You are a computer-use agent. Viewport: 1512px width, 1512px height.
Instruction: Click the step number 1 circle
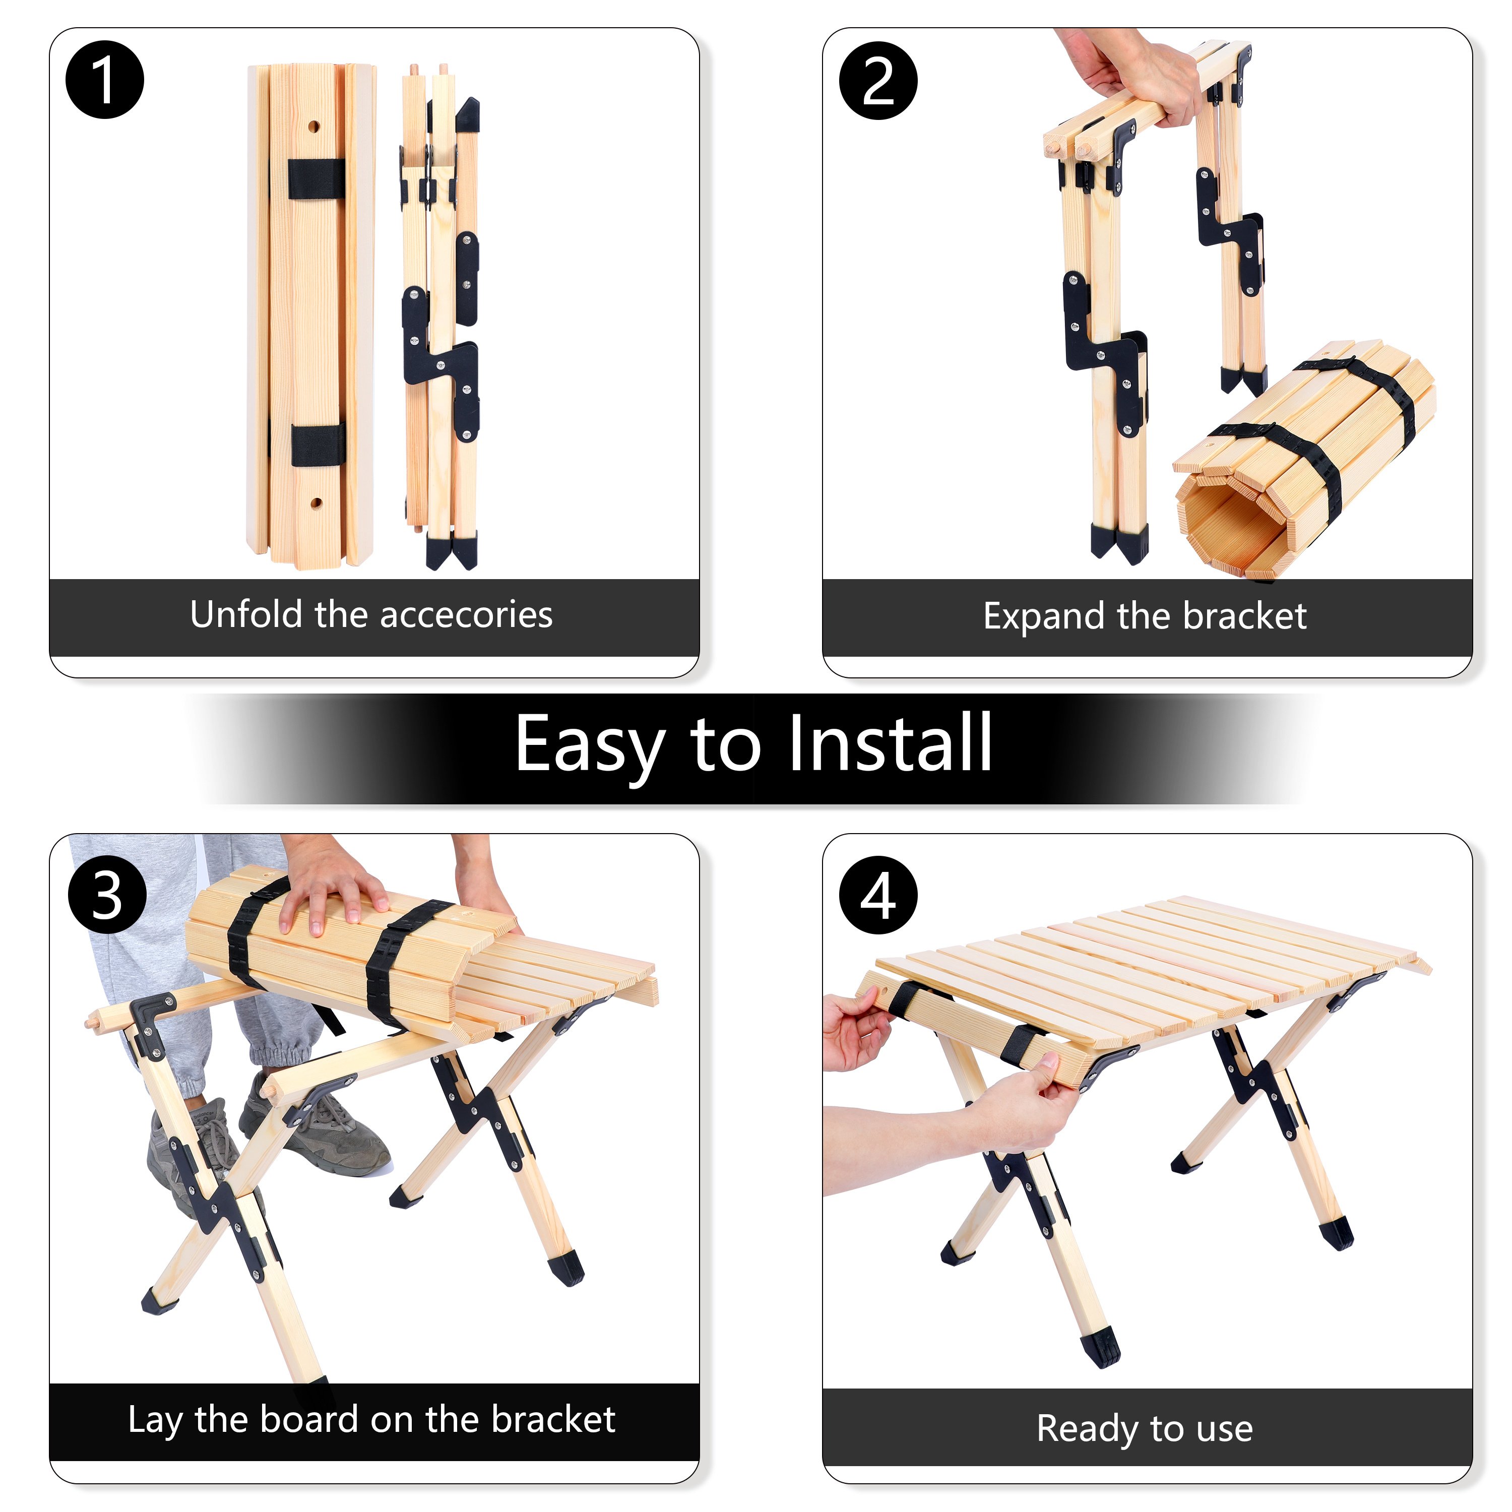(105, 80)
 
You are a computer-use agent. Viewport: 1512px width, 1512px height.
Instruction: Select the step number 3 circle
(107, 895)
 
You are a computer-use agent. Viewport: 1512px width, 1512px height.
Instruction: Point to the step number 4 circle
(878, 895)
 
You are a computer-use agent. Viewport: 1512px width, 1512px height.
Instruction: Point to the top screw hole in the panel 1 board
(313, 125)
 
